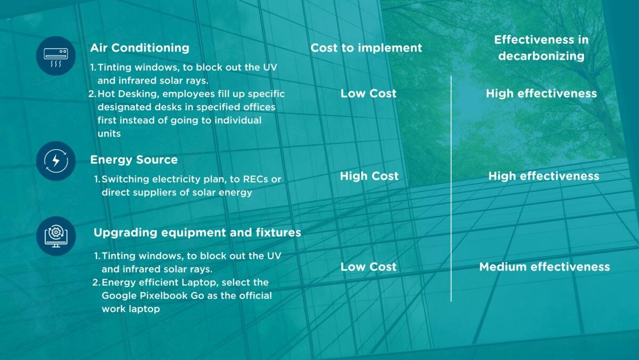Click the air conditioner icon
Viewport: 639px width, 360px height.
point(56,56)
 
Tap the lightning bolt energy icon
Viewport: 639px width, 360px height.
point(56,161)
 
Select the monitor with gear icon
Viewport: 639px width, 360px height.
point(56,236)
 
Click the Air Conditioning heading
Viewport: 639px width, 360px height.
point(140,48)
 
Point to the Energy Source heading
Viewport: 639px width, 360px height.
point(134,160)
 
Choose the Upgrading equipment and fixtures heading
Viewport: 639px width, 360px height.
point(198,233)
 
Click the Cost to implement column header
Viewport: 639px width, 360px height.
point(366,48)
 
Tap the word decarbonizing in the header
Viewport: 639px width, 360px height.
point(542,56)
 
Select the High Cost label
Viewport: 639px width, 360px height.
point(369,176)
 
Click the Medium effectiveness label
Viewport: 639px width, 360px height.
point(545,267)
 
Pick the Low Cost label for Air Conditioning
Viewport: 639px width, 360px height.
point(368,94)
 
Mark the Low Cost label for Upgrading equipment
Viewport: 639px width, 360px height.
point(368,267)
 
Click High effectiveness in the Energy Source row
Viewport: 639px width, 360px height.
point(544,176)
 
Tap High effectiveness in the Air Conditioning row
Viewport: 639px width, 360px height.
point(542,94)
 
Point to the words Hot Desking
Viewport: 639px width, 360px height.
point(127,94)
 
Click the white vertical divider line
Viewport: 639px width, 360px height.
point(451,189)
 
